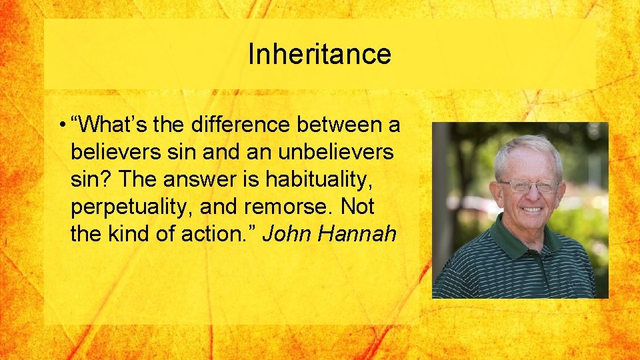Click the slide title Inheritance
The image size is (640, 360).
pyautogui.click(x=319, y=54)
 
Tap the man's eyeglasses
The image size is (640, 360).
pyautogui.click(x=527, y=186)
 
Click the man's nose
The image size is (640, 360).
pyautogui.click(x=530, y=195)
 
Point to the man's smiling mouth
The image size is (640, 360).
pyautogui.click(x=531, y=209)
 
